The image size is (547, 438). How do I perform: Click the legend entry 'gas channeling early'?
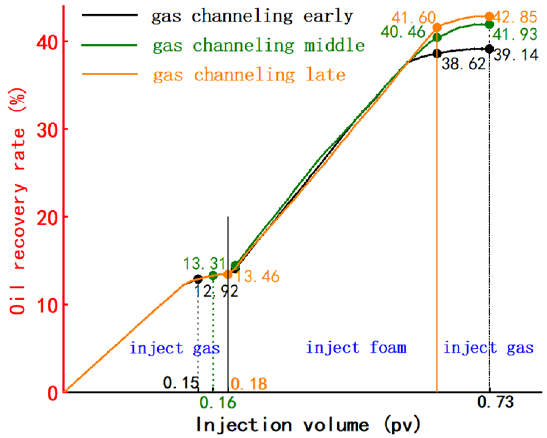coord(252,16)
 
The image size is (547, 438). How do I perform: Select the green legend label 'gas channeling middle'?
coord(259,45)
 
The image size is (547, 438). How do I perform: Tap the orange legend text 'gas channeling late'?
coord(249,75)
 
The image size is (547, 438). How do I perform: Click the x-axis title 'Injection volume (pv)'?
coord(308,425)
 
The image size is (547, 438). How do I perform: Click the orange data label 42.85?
coord(515,17)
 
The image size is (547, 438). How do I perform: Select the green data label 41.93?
coord(515,35)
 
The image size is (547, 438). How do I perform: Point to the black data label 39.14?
coord(516,55)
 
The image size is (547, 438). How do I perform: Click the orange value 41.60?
coord(413,17)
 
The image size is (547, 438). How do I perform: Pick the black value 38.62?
coord(464,64)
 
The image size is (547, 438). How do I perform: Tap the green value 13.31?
coord(204,263)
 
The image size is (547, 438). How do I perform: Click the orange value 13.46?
coord(257,277)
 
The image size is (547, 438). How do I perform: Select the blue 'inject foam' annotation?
coord(356,348)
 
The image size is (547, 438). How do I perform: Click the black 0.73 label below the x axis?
coord(496,402)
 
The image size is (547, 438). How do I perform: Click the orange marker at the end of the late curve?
coord(489,17)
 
